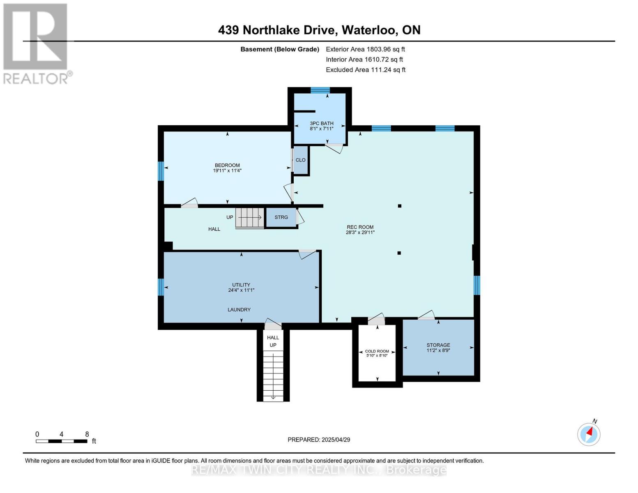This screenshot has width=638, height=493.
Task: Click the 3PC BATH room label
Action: point(321,123)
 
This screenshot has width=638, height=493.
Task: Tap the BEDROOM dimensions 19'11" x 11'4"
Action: point(227,170)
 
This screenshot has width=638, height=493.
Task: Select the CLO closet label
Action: point(300,160)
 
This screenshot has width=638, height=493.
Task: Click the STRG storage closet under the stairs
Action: point(281,217)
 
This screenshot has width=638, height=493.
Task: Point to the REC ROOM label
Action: point(360,227)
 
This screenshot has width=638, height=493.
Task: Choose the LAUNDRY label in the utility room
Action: point(239,310)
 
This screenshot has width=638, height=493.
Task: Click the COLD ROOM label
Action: point(377,351)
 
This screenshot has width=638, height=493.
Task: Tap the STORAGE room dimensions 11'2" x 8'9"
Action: point(438,350)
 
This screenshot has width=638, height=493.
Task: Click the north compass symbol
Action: point(589,434)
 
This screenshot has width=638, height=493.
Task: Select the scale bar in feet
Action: point(62,441)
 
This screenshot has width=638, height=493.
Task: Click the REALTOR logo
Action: point(36,43)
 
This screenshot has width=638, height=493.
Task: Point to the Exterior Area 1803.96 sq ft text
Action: point(365,49)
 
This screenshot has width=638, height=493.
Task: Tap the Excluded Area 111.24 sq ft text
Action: point(365,70)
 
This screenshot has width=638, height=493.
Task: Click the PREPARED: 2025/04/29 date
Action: point(319,440)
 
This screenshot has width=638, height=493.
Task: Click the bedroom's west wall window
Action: point(161,171)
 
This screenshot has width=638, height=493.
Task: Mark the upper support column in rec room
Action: point(399,206)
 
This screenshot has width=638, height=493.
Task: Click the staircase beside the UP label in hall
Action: point(249,218)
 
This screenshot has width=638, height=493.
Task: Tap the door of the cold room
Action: point(376,319)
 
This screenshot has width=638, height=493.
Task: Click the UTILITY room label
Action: point(241,285)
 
